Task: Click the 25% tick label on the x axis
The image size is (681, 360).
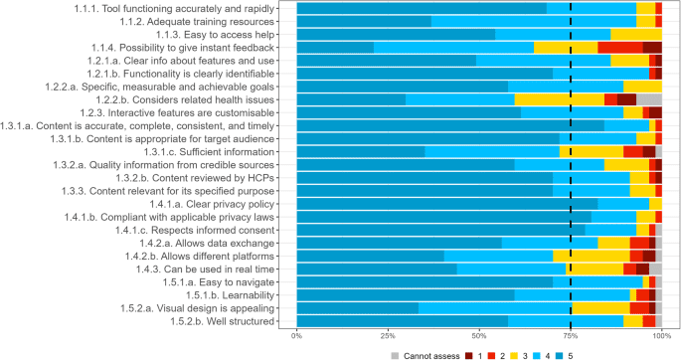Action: click(388, 336)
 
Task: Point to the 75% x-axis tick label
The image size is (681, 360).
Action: click(571, 336)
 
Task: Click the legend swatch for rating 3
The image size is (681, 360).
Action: click(508, 352)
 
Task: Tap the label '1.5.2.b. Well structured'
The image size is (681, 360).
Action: click(231, 320)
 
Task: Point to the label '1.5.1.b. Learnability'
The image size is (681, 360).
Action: click(238, 294)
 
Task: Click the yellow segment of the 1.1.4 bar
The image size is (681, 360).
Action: click(566, 47)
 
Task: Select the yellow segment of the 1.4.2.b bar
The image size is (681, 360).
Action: click(592, 256)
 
